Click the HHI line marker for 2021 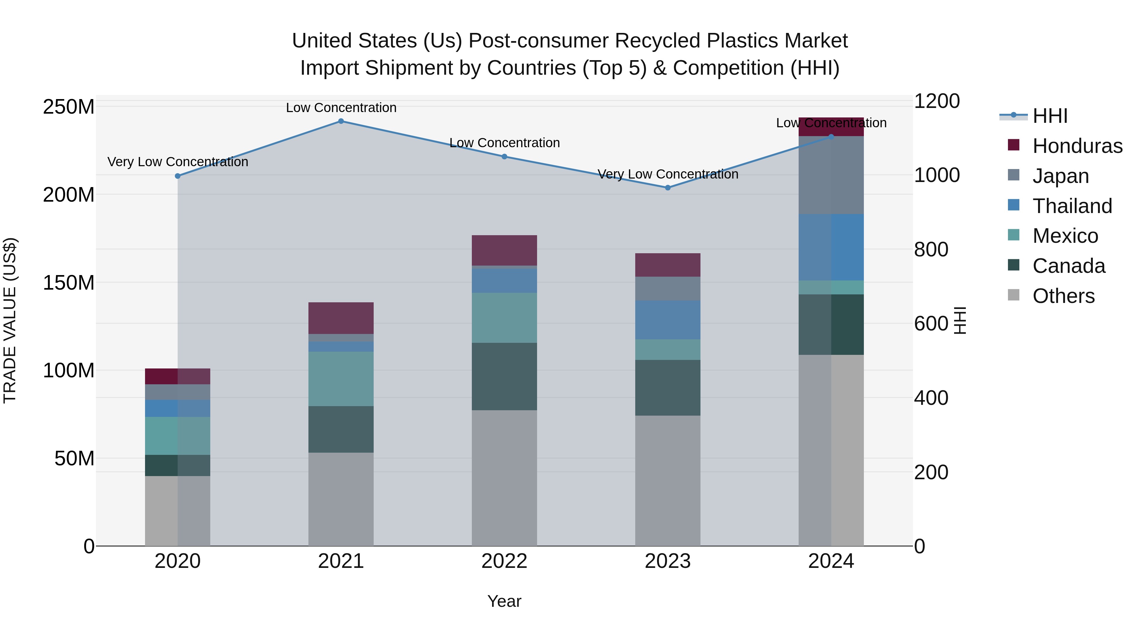pos(341,121)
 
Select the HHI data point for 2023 pos(668,188)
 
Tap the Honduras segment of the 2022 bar pos(504,250)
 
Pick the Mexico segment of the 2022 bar pos(504,317)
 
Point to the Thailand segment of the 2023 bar pos(668,319)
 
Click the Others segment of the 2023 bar pos(668,480)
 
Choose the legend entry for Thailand pos(1072,206)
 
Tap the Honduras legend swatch pos(1013,145)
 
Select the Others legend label pos(1063,296)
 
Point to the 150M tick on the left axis pos(69,283)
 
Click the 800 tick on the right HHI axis pos(931,249)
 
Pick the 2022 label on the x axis pos(504,561)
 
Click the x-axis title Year pos(504,601)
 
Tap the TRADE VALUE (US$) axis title pos(10,320)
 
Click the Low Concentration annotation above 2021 pos(341,108)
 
